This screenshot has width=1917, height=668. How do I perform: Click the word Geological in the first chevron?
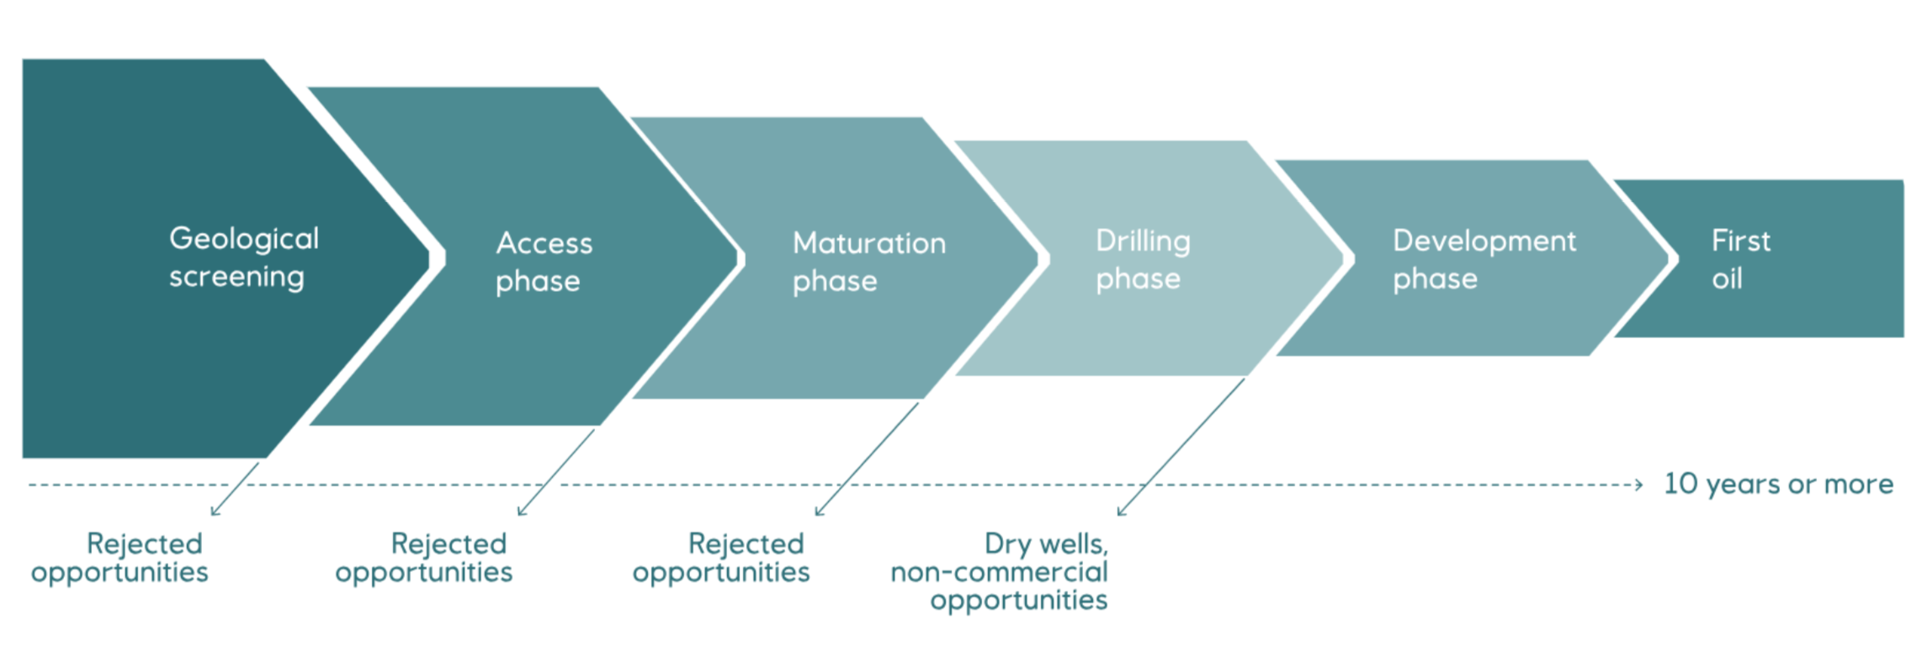coord(244,240)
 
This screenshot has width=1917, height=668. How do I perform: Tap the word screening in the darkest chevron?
coord(236,278)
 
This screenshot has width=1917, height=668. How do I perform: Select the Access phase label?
coord(544,262)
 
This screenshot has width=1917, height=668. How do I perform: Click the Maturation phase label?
coord(869,262)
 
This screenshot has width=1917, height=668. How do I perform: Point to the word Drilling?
coord(1143,241)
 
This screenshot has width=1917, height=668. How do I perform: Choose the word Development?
coord(1484,241)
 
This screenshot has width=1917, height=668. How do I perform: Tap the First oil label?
coord(1741,259)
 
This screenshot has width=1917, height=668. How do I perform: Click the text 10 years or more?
coord(1778,484)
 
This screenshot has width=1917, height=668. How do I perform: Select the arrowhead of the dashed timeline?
coord(1638,485)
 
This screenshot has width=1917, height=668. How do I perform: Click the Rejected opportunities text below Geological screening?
coord(119,558)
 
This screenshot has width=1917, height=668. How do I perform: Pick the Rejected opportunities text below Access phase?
coord(423,558)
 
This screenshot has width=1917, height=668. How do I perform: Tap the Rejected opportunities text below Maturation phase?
coord(721,558)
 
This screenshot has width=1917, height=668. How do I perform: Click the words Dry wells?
coord(1046,544)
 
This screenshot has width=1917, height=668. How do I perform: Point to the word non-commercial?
coord(999,572)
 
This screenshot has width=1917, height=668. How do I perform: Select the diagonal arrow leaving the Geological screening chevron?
coord(235,489)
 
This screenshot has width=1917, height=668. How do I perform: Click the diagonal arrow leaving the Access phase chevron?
coord(556,472)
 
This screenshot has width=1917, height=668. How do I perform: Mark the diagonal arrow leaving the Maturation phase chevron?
coord(867,459)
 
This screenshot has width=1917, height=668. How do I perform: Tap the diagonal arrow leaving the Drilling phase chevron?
coord(1181,447)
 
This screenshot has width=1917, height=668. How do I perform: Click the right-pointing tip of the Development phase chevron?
coord(1669,258)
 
